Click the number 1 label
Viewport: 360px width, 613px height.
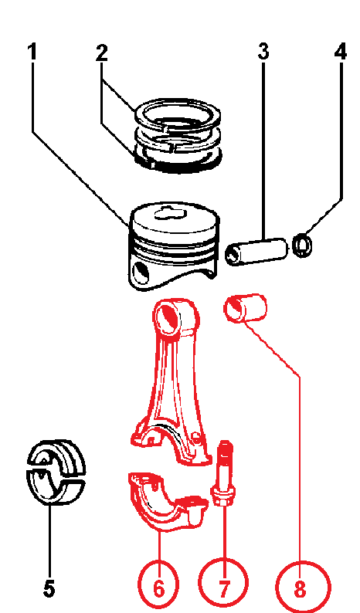32,52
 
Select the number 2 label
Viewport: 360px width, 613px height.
102,52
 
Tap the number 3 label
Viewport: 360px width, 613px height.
263,52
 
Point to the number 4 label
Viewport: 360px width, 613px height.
341,52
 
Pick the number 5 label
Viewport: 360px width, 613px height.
49,588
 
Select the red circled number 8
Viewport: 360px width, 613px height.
302,588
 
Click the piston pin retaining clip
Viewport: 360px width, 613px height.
303,245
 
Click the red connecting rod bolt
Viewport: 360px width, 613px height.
224,472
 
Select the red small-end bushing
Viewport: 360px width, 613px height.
246,308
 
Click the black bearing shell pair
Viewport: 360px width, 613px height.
56,472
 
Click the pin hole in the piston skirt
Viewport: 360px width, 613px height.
141,273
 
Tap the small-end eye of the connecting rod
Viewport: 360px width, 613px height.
169,317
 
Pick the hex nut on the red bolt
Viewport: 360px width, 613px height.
223,496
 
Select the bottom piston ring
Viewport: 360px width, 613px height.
178,161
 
